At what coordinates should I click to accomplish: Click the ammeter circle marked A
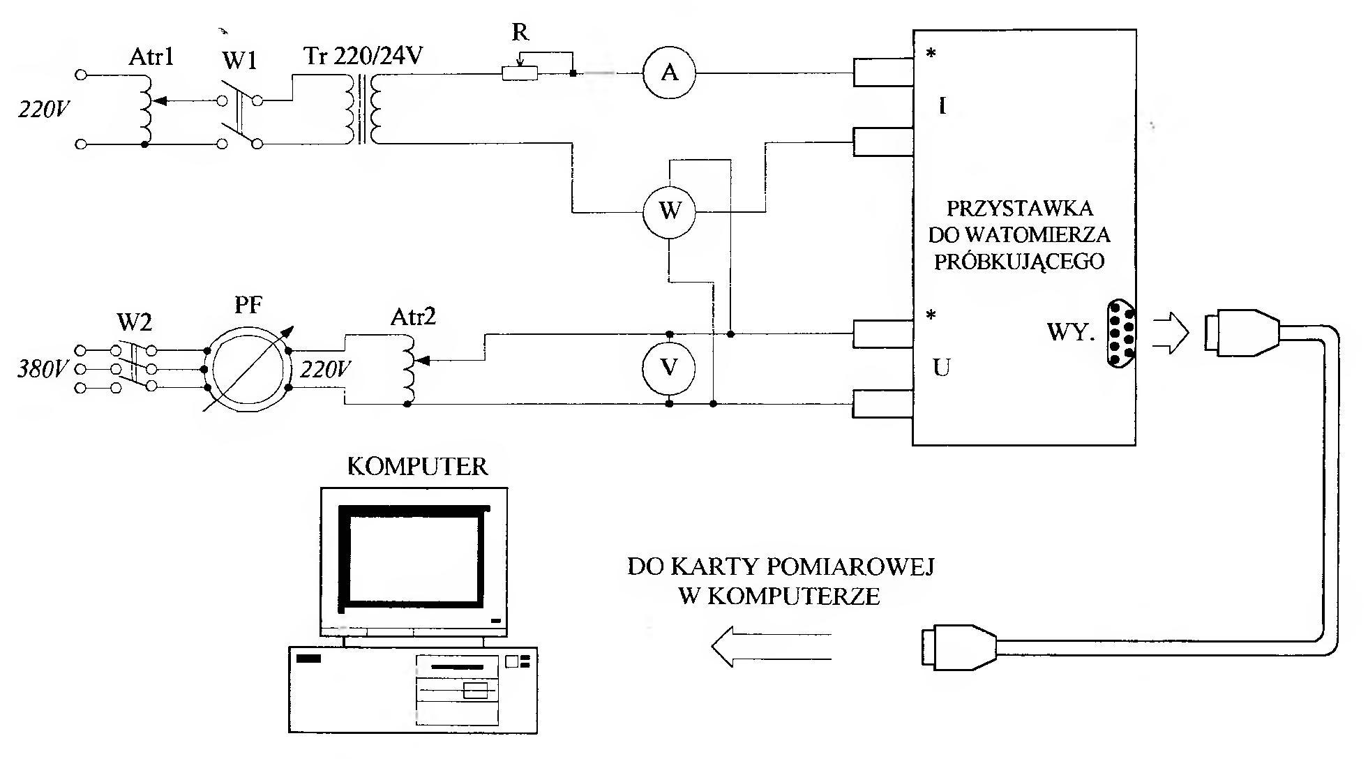[x=669, y=73]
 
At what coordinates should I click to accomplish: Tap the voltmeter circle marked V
[x=669, y=368]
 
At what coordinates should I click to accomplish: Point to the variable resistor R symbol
[x=520, y=73]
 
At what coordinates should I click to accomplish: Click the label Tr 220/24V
[x=363, y=56]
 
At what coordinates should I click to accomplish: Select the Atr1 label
[x=151, y=57]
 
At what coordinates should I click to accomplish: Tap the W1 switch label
[x=239, y=61]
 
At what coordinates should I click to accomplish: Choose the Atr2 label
[x=413, y=317]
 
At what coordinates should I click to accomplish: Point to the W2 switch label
[x=134, y=322]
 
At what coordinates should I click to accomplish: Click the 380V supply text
[x=41, y=369]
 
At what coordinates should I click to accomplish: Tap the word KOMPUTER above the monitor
[x=417, y=467]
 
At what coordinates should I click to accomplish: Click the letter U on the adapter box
[x=941, y=368]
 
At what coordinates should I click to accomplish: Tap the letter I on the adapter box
[x=942, y=107]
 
